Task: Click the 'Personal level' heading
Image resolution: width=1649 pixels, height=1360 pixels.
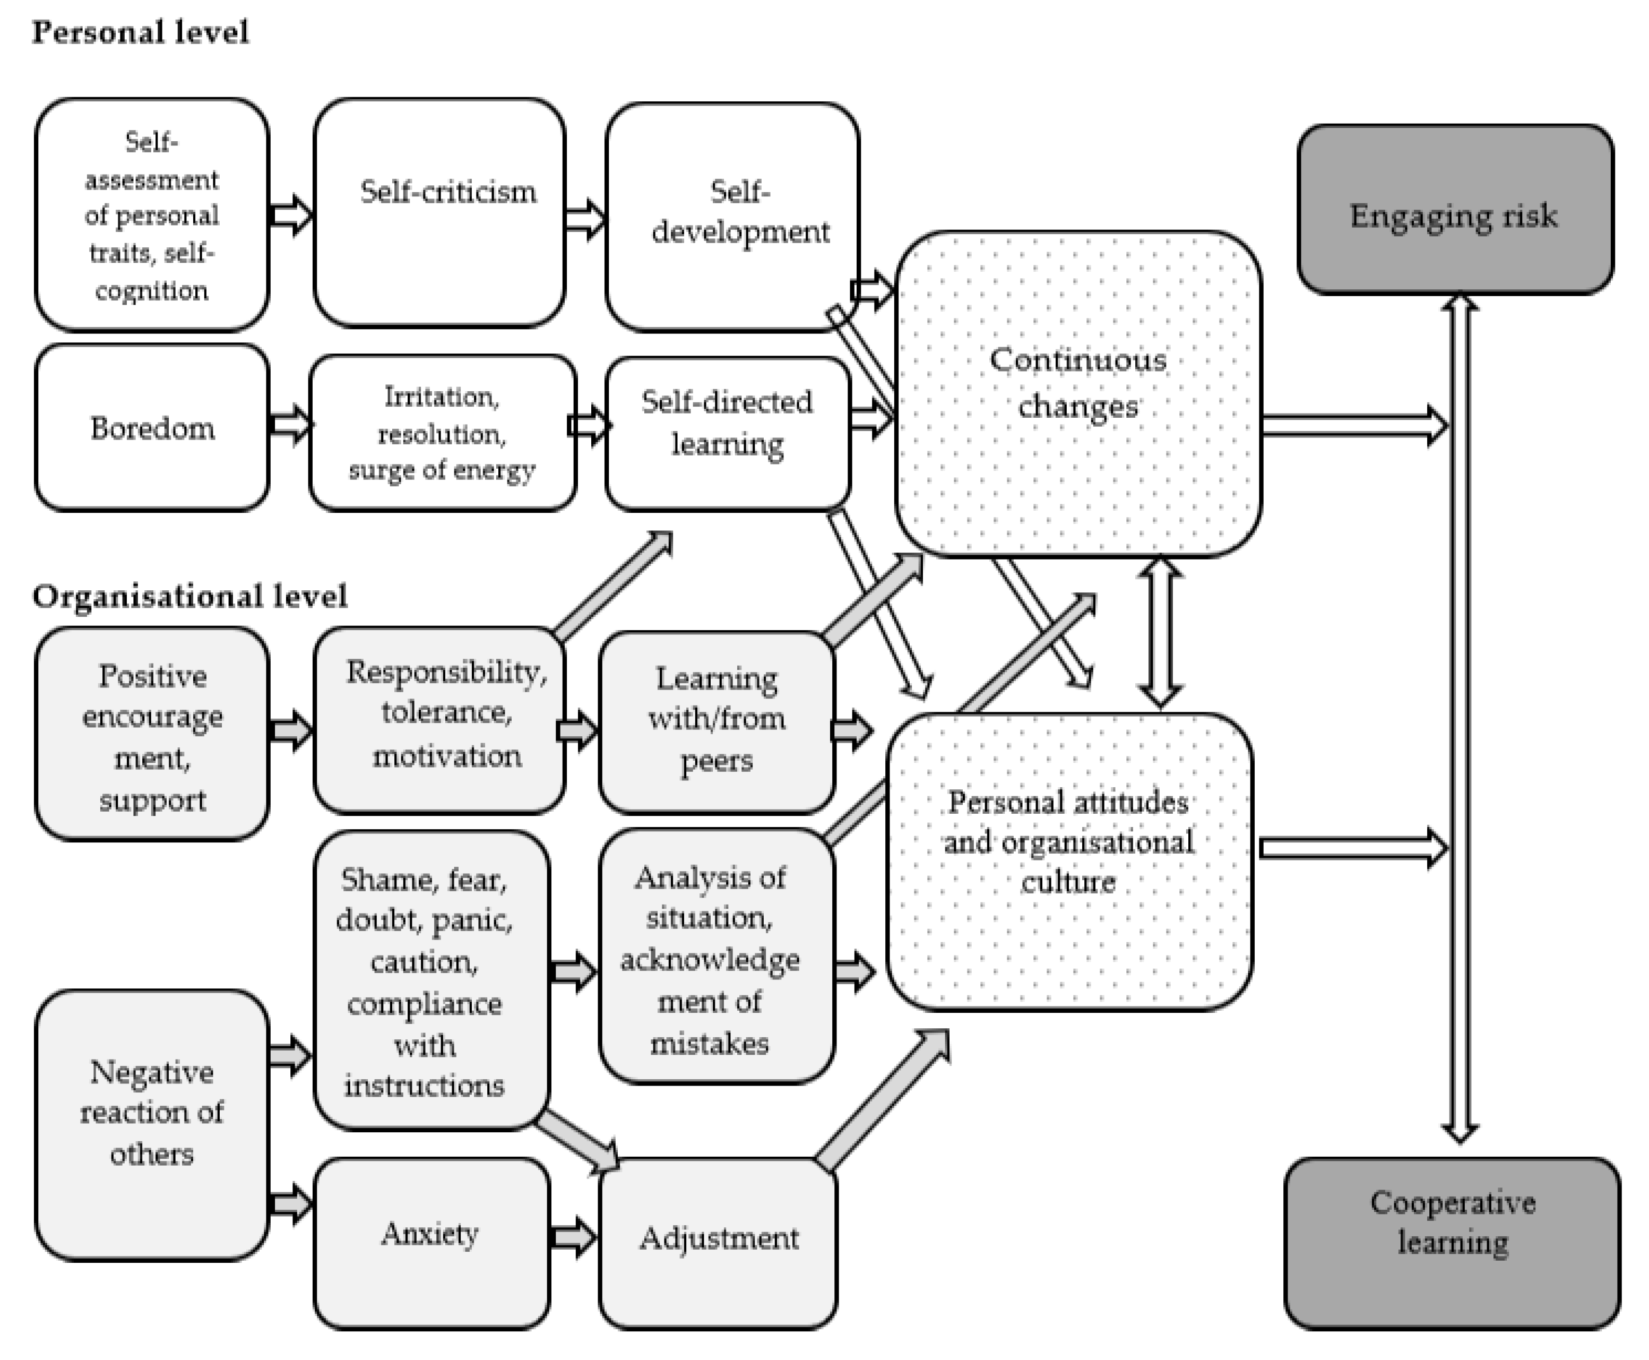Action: coord(140,33)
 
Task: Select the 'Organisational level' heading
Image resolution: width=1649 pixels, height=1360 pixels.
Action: coord(189,597)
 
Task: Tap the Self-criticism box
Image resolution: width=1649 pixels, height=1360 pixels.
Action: coord(439,213)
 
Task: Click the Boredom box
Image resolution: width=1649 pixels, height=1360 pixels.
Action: coord(152,428)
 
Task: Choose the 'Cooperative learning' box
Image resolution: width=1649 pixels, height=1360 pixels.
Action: coord(1452,1243)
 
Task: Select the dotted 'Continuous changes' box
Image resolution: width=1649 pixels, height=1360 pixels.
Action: coord(1078,393)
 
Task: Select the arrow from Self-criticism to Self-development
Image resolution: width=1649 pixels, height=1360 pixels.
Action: coord(584,217)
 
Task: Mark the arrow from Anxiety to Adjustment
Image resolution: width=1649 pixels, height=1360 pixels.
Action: coord(573,1238)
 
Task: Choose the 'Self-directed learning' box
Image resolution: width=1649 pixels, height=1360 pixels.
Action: coord(727,433)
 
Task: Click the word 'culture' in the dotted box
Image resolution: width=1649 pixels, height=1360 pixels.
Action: coord(1067,883)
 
